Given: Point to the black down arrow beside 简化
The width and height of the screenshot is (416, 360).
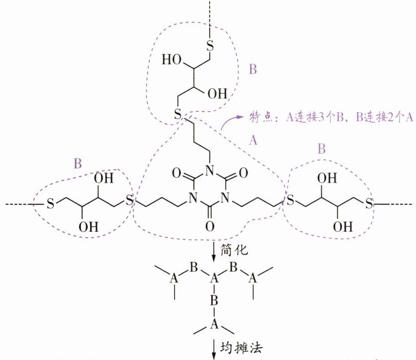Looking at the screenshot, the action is pos(214,250).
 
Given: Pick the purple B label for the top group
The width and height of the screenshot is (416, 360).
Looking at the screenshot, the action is pos(254,70).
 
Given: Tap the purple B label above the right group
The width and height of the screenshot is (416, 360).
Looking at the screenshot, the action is pos(321,149).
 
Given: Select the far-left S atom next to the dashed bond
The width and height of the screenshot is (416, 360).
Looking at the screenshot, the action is pos(50,204).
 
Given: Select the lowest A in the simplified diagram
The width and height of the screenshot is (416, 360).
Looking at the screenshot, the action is pos(214,324).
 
